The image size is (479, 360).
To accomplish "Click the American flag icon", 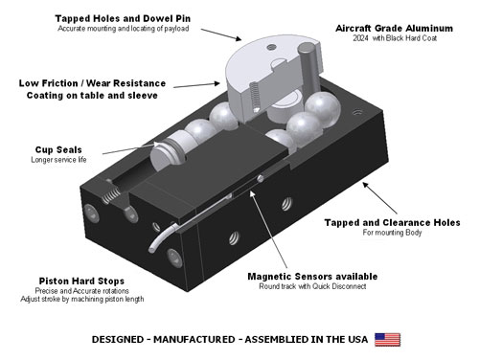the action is click(x=387, y=340).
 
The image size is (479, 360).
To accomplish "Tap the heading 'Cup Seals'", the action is click(x=58, y=149).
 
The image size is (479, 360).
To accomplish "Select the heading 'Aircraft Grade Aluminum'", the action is click(x=394, y=28).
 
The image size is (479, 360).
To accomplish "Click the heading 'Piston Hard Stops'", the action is click(x=81, y=281).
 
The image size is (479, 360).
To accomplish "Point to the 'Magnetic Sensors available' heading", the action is click(x=312, y=277).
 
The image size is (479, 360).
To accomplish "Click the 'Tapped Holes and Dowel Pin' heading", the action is click(x=123, y=18).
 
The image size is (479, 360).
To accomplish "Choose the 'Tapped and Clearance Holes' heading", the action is click(x=393, y=222).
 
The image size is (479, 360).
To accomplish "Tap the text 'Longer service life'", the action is click(x=58, y=160).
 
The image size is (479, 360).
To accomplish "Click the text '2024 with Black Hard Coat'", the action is click(x=395, y=38).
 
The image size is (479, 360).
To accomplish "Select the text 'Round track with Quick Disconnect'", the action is click(x=312, y=286).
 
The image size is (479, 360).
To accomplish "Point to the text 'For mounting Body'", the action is click(x=392, y=233).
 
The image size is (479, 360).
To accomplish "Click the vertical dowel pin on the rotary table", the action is click(x=309, y=68).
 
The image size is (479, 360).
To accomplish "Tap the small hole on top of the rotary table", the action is click(x=272, y=47).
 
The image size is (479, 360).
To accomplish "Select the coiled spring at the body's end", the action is click(x=111, y=195).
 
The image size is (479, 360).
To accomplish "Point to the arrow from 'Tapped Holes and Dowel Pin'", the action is click(x=221, y=34).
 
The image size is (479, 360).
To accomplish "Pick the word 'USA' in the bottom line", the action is click(x=357, y=339).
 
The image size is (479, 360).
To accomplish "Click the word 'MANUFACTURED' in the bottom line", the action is click(x=194, y=339).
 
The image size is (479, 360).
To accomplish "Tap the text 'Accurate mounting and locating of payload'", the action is click(x=124, y=29).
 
